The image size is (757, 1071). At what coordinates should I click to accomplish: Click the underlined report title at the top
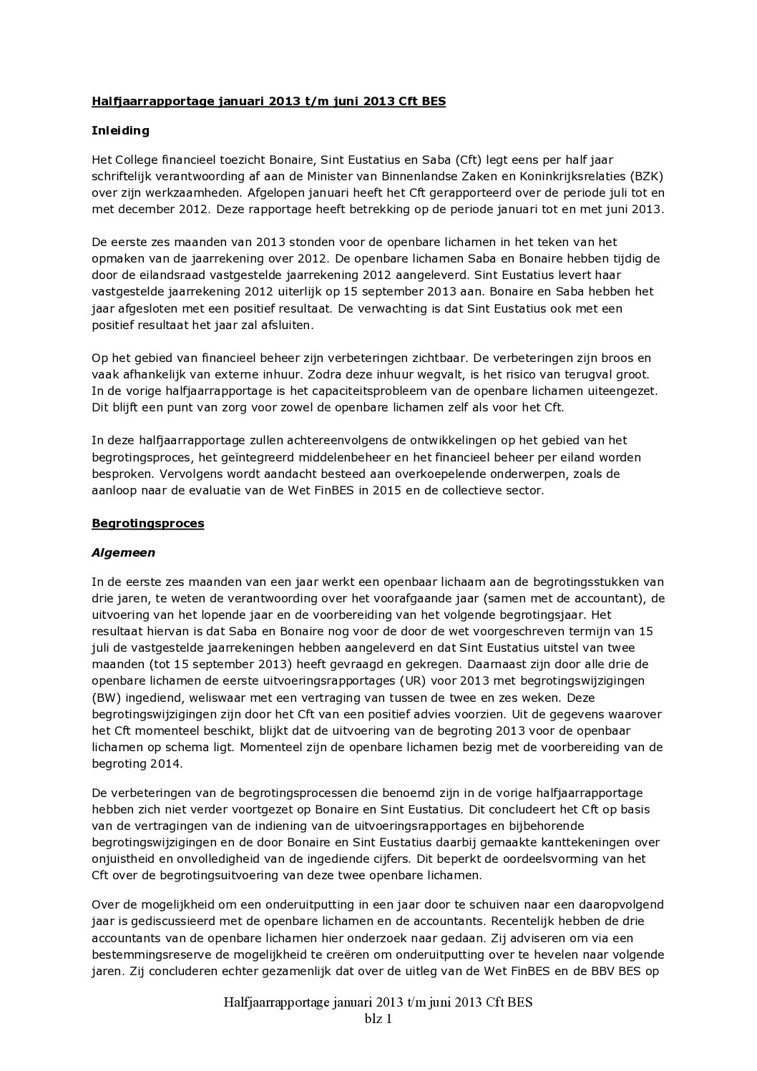pos(268,102)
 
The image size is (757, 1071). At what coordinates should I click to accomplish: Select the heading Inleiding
pos(120,130)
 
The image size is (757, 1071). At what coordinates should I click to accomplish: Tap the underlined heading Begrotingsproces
pos(147,523)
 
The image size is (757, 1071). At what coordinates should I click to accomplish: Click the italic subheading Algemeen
pos(123,552)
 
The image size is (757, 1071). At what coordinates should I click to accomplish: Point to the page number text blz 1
pos(378,1020)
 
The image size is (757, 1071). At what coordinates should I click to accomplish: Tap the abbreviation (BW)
pos(105,697)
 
